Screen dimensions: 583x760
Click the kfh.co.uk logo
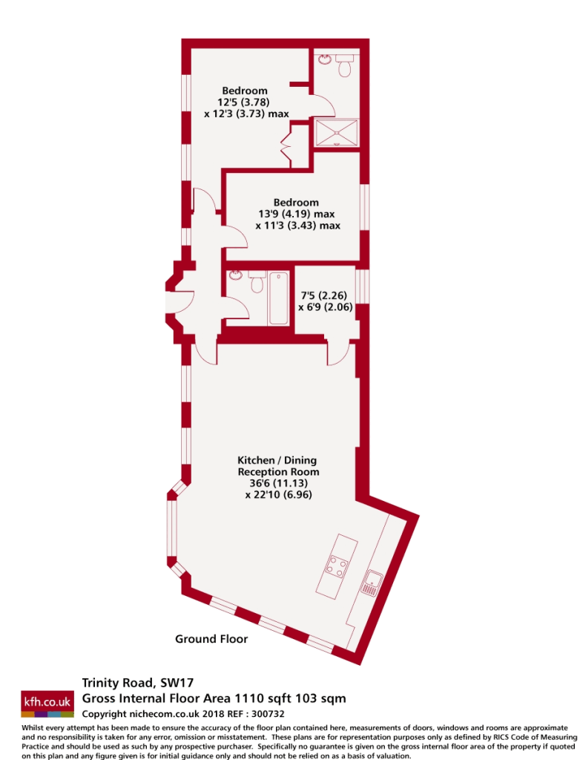click(47, 704)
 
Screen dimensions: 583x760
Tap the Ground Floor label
click(211, 639)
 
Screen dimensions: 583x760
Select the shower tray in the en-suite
click(337, 132)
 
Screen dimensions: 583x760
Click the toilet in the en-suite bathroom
click(345, 65)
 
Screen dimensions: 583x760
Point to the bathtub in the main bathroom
click(278, 298)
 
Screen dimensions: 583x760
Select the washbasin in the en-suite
click(324, 59)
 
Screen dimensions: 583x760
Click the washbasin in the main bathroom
click(236, 275)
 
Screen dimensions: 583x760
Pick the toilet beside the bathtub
click(257, 281)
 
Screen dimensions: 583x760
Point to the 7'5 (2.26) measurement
click(324, 295)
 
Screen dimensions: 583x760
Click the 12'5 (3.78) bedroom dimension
click(243, 102)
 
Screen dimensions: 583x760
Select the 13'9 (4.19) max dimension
click(297, 214)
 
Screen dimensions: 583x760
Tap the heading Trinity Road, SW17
click(137, 683)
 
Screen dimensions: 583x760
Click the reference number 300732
click(268, 714)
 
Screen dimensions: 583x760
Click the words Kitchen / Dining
click(277, 460)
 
